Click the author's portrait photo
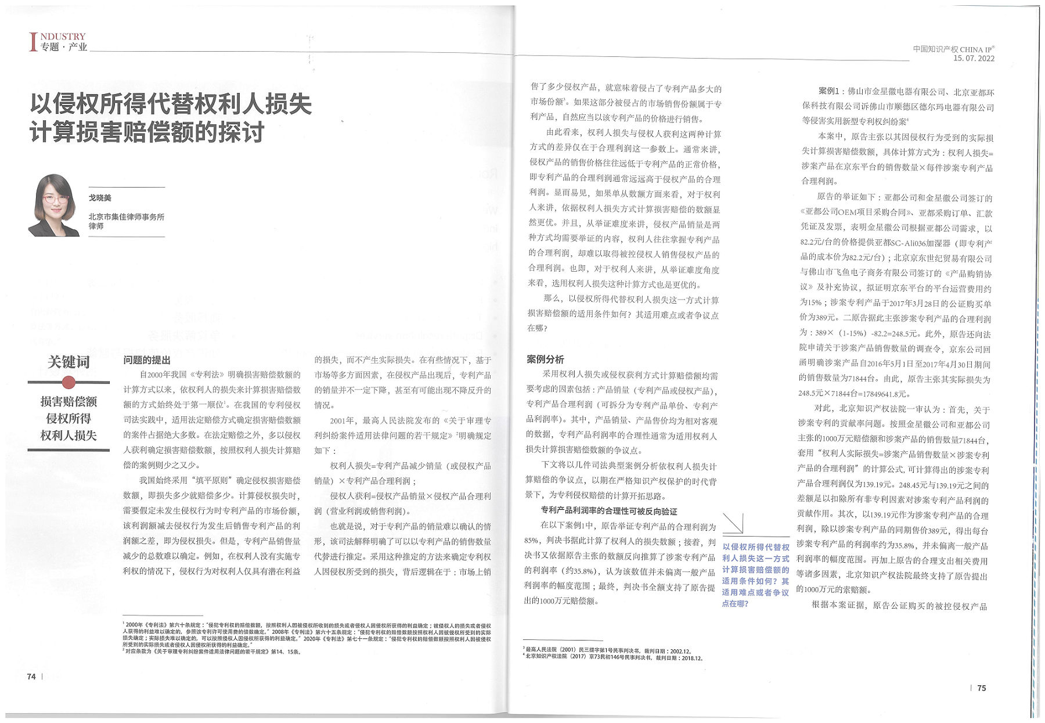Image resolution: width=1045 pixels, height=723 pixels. coord(55,206)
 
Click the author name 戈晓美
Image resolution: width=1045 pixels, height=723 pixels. coord(100,198)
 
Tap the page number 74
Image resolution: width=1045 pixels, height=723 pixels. coord(31,677)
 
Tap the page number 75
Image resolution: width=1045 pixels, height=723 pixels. coord(982,688)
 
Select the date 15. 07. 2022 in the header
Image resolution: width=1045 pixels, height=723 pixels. coord(974,59)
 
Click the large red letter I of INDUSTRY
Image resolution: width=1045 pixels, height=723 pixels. coord(33,42)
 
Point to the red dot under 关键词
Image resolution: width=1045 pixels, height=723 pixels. coord(69,382)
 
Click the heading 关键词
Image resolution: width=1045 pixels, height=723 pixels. coord(69,362)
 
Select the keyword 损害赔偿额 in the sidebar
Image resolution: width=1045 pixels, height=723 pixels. coord(69,401)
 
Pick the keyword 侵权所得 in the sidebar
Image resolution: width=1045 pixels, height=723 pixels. coord(69,419)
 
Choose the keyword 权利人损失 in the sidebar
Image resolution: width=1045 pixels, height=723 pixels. coord(69,436)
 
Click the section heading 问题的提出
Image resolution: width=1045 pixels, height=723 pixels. coord(147,360)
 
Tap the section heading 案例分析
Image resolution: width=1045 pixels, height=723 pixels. coord(545,359)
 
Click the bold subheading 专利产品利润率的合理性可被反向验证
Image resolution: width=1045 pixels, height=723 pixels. coord(609,511)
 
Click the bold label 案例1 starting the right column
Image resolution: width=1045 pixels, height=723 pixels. coord(828,92)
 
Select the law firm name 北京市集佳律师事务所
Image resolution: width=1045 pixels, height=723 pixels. coord(127,217)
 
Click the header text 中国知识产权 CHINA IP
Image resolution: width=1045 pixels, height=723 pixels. coord(953,49)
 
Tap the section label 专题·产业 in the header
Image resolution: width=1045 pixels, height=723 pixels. coord(64,47)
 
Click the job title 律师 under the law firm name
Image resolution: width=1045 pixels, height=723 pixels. coord(96,226)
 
